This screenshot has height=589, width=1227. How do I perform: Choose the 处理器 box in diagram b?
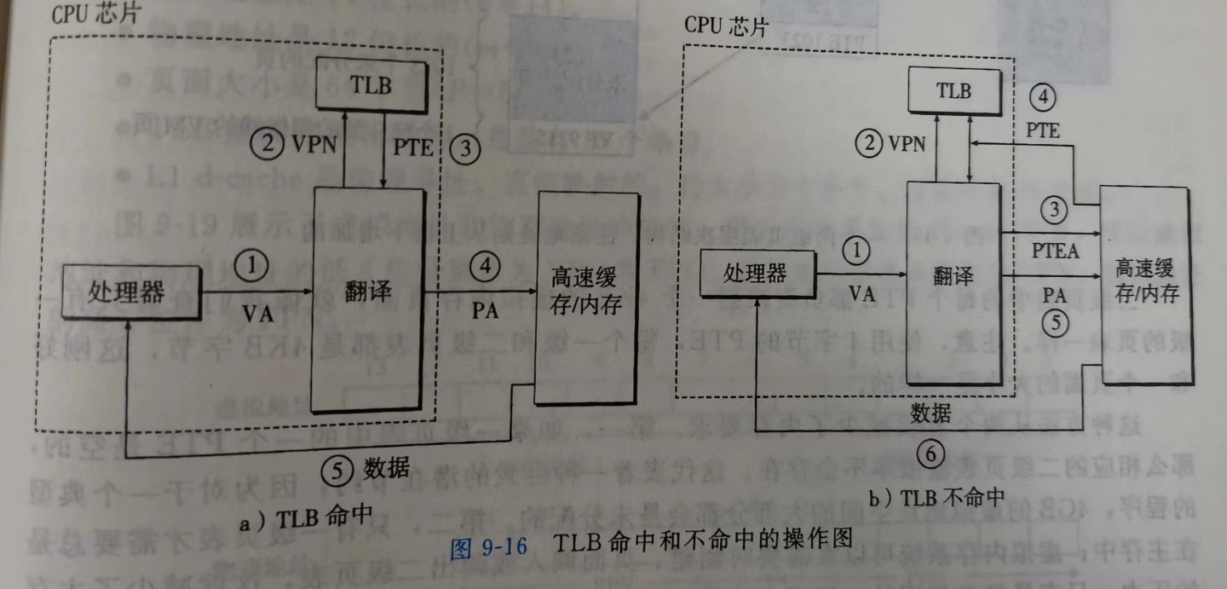click(x=756, y=274)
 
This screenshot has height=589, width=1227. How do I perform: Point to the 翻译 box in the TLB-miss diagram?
click(x=952, y=277)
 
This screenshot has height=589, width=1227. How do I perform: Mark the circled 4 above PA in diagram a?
click(x=485, y=267)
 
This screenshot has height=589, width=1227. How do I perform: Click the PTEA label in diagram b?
click(x=1055, y=250)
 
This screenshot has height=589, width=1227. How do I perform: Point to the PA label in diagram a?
click(x=484, y=311)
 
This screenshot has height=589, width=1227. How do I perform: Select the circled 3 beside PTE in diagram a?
click(x=464, y=147)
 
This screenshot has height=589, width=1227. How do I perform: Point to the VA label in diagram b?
click(x=862, y=294)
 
